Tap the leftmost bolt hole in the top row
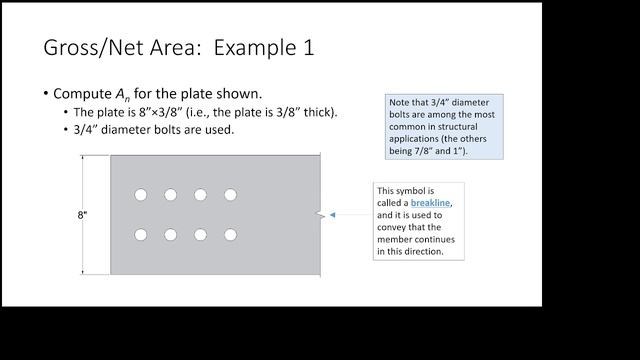(x=141, y=195)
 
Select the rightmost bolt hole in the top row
(x=231, y=195)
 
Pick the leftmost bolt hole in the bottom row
(x=141, y=235)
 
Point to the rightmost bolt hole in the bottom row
(x=231, y=235)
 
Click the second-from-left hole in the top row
(x=171, y=195)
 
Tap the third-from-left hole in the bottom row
(x=201, y=235)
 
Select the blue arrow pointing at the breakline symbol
(x=345, y=215)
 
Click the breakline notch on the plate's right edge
(x=319, y=215)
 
